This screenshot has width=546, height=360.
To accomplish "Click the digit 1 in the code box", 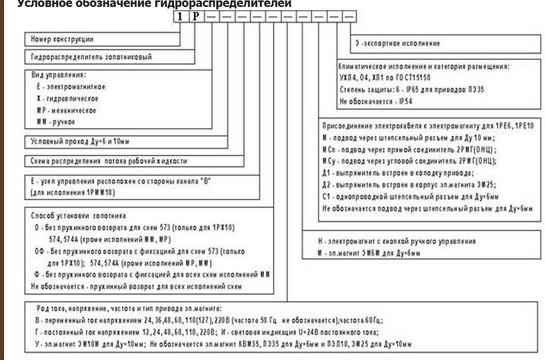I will [180, 16].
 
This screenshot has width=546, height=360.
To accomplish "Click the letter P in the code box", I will [196, 16].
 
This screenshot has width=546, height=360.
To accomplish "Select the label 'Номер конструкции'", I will [62, 39].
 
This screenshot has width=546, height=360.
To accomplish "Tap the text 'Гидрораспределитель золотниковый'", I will [91, 57].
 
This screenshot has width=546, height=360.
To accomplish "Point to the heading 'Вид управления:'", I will [58, 75].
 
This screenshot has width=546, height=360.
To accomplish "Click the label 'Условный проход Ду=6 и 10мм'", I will [80, 142].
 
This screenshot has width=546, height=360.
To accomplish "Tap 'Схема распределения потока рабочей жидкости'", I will [108, 161].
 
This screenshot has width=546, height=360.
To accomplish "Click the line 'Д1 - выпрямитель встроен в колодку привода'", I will [398, 173].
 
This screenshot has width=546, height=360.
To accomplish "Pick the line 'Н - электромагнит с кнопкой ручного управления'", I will [397, 241].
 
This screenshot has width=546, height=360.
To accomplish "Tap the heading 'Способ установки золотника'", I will [78, 216].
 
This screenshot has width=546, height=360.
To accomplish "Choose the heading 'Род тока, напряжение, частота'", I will [130, 308].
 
